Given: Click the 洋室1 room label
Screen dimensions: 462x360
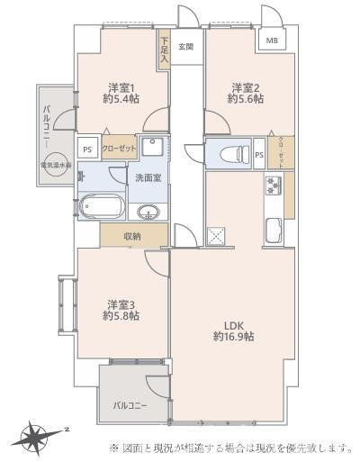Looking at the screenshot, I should point(121,87).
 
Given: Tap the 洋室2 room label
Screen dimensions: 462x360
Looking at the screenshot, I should point(245,87).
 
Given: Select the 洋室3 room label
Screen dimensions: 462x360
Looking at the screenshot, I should point(121,303).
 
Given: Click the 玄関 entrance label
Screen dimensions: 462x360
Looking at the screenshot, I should point(186,47).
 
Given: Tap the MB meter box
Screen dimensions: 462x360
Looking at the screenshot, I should point(271,41).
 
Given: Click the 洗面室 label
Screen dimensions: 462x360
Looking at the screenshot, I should point(148,177).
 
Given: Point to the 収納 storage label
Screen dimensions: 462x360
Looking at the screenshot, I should point(133,236).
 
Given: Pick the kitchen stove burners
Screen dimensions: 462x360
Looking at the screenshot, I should point(274,186).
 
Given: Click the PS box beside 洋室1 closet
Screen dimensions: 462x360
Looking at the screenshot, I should point(87,150).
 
